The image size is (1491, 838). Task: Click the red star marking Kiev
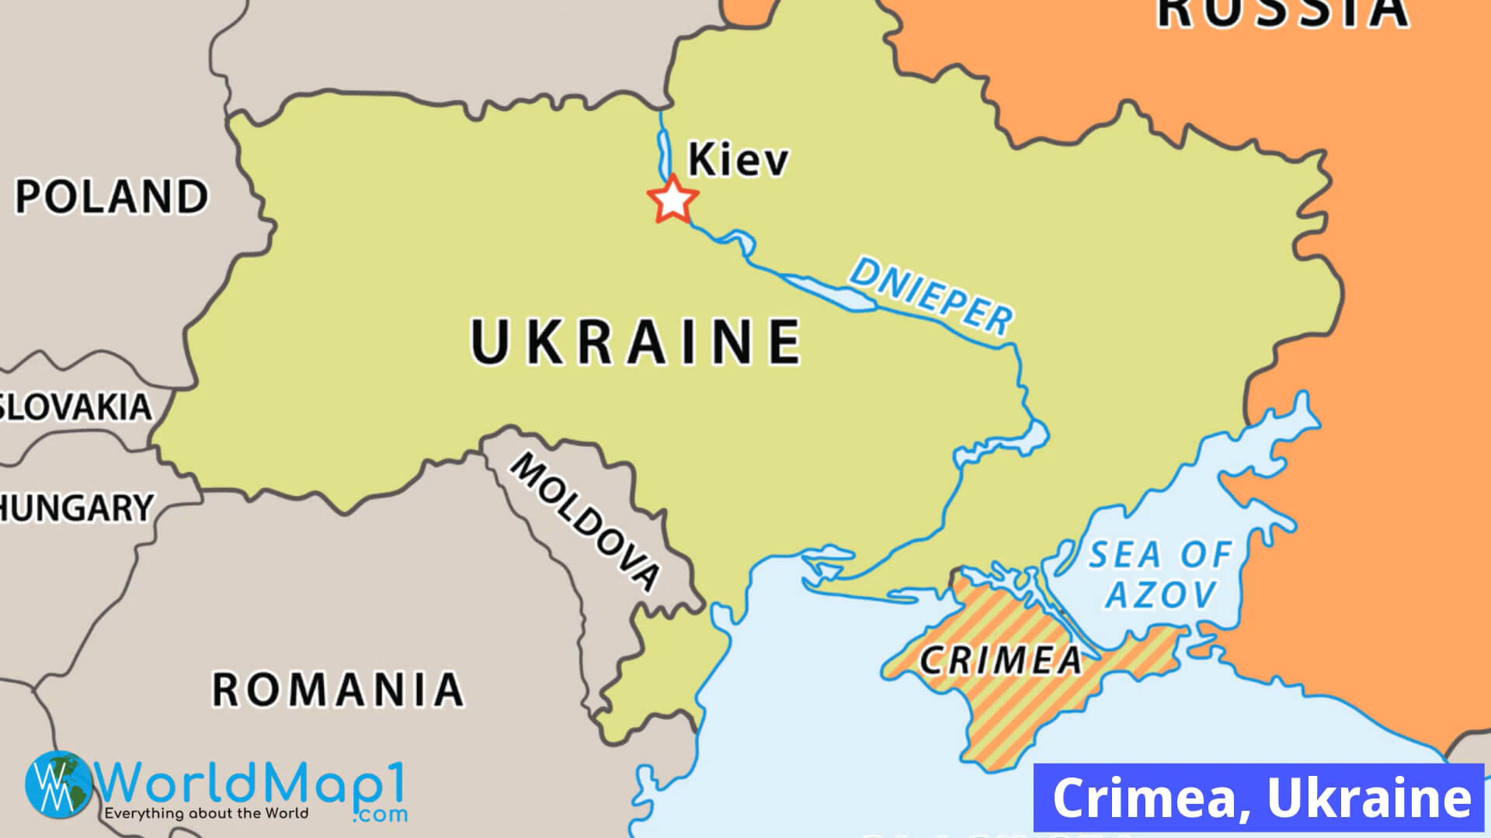[x=673, y=200]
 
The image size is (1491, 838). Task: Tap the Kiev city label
[x=738, y=159]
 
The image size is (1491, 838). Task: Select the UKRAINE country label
[x=636, y=341]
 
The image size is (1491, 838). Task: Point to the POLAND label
[x=112, y=196]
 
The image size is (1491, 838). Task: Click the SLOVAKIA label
[x=75, y=407]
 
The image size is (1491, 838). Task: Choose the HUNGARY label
[x=77, y=508]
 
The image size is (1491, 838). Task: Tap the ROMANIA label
[x=338, y=689]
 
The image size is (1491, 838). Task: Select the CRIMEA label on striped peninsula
[x=1000, y=660]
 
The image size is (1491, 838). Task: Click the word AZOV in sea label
[x=1161, y=595]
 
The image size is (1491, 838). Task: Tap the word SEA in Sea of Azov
[x=1124, y=556]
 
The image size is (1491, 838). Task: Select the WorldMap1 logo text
[x=252, y=785]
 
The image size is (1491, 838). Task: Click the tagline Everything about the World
[x=206, y=814]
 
